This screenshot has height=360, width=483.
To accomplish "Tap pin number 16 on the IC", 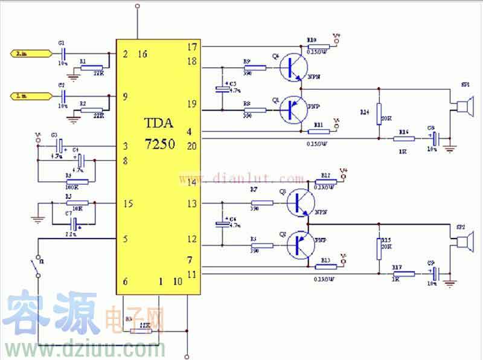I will [x=142, y=54].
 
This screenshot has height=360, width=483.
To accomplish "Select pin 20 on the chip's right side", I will [x=192, y=145].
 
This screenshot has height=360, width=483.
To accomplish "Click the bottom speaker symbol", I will [x=462, y=242].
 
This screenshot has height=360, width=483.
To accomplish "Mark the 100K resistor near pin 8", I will [x=77, y=181].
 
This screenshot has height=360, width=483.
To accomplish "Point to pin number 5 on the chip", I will [x=126, y=239].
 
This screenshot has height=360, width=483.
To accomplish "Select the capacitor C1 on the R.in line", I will [x=62, y=54].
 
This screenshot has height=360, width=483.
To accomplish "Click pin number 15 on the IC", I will [x=127, y=204].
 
